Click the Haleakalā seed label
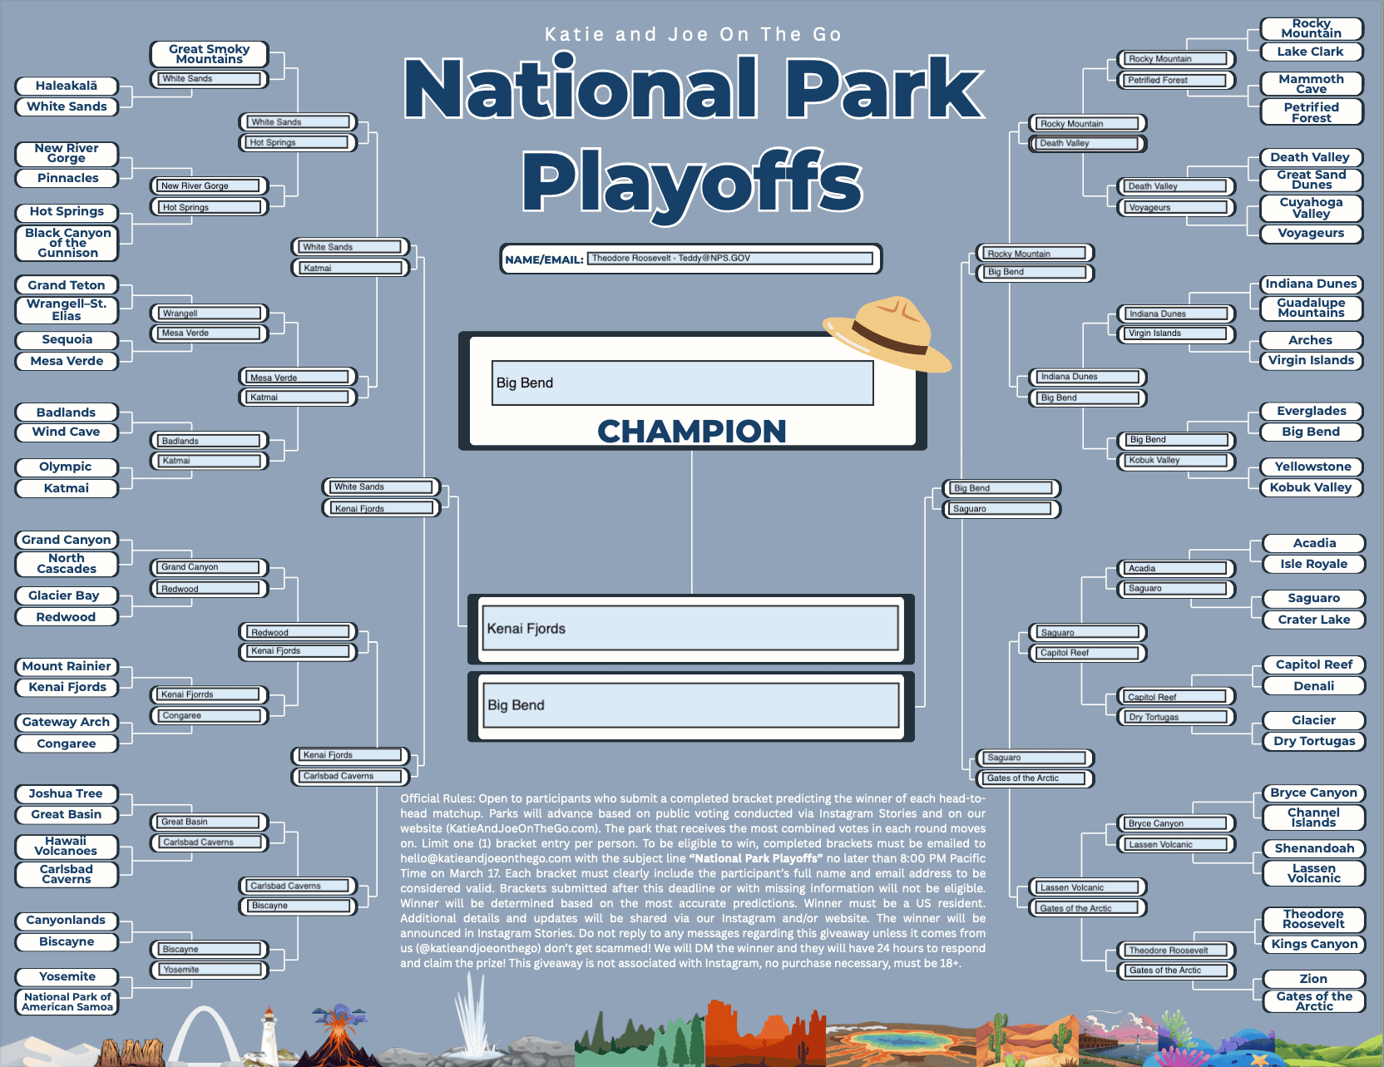pos(67,86)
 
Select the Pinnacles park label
pos(67,178)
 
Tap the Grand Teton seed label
pos(67,285)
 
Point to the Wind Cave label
pos(66,432)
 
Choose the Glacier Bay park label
pos(64,595)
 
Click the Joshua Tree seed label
pos(66,793)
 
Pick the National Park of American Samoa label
pos(67,1001)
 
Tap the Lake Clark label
pos(1310,52)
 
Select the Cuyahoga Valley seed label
pos(1311,207)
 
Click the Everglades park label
pos(1311,411)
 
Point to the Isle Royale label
pos(1313,564)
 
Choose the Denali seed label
pos(1313,686)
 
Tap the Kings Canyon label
pos(1314,944)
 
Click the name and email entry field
pos(730,259)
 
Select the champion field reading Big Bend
pos(682,383)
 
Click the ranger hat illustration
pos(887,333)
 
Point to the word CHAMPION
pos(691,431)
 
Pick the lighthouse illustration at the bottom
pos(269,1035)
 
